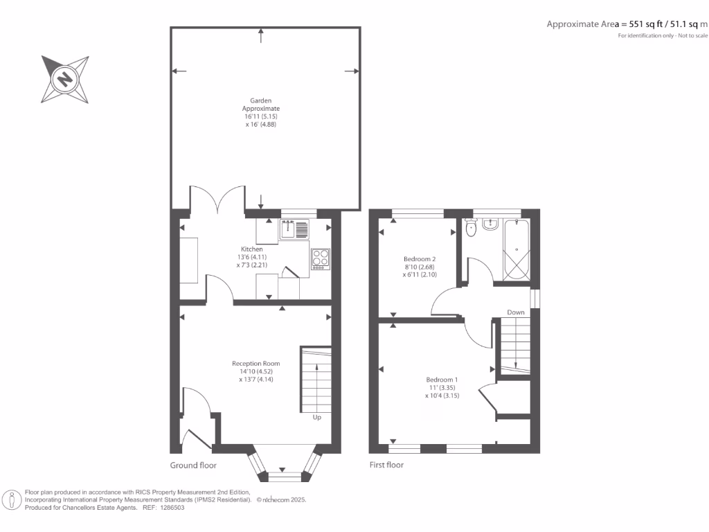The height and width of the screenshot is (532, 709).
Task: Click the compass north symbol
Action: point(65,80)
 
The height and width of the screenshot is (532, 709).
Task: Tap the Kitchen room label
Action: point(252,249)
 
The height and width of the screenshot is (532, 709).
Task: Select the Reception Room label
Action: point(256,363)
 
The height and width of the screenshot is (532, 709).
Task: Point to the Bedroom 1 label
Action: point(442,380)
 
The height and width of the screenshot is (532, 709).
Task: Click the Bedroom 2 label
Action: point(420,259)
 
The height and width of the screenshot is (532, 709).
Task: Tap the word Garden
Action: point(261,100)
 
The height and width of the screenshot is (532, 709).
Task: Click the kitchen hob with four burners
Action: point(321,259)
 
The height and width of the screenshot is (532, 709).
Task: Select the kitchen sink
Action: point(294,229)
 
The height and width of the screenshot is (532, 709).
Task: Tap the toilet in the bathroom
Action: point(471,227)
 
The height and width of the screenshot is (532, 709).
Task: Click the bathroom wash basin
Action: point(490,224)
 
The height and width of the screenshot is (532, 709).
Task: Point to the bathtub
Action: point(516,249)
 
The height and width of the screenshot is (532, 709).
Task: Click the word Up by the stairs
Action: point(317,417)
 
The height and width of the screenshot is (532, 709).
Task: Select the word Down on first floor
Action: point(516,312)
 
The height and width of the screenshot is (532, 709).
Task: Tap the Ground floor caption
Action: point(193,465)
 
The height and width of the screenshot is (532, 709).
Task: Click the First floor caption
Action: point(386,465)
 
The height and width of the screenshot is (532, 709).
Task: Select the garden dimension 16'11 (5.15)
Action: point(261,116)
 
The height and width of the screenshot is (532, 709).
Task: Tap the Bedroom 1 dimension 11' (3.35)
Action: point(442,388)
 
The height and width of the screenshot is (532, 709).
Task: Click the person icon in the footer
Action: point(12,500)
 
